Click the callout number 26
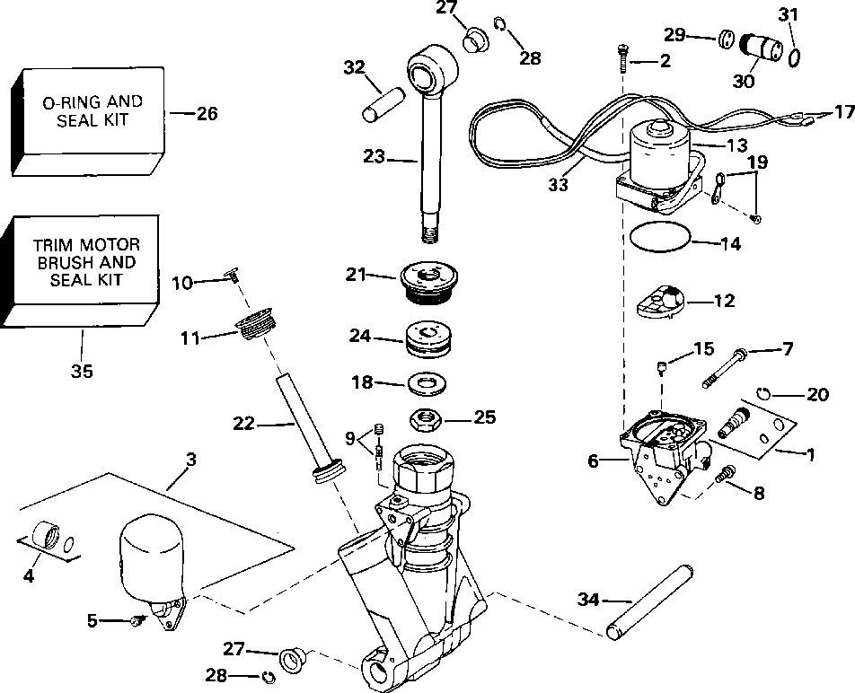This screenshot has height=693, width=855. (x=207, y=113)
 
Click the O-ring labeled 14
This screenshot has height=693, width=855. (x=661, y=240)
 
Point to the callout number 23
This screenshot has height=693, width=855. (x=375, y=156)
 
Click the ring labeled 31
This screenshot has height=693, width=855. (x=794, y=57)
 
